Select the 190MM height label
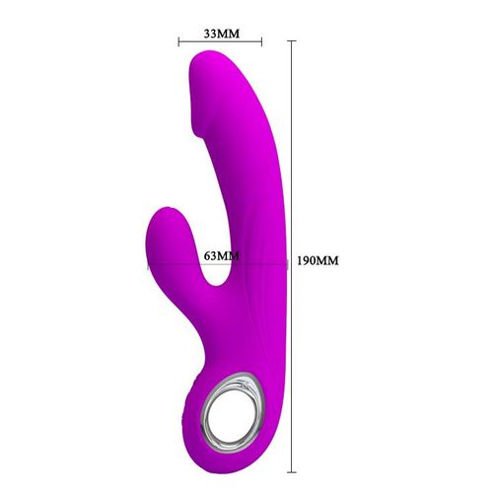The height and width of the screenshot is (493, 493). [317, 261]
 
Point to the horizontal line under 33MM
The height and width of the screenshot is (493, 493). [221, 42]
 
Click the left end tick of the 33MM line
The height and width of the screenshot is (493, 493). [178, 42]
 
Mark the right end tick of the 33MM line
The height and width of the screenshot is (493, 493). [263, 42]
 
